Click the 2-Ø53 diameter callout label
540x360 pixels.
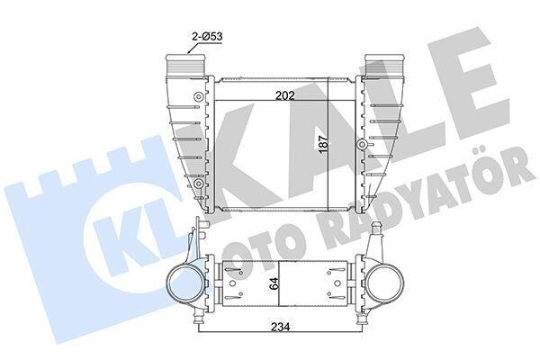(x=207, y=36)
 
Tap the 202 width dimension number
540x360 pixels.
(x=284, y=95)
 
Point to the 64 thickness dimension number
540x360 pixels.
(x=274, y=283)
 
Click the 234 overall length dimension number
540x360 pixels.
(x=280, y=327)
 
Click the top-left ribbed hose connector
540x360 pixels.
(x=186, y=65)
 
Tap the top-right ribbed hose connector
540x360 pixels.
(x=383, y=65)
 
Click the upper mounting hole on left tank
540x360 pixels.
(x=198, y=97)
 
